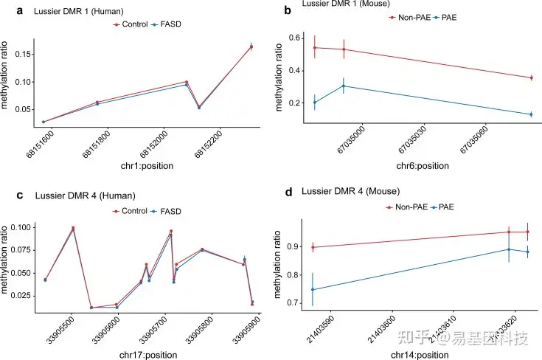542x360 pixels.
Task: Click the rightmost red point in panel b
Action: click(531, 77)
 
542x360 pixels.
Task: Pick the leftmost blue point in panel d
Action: click(313, 290)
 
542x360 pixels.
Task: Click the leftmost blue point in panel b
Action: click(315, 103)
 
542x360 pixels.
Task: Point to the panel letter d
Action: click(288, 193)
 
